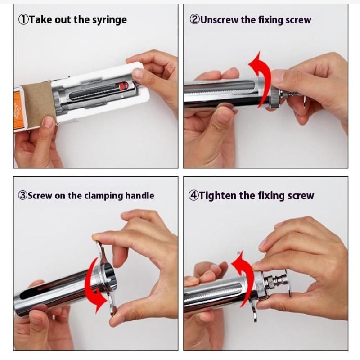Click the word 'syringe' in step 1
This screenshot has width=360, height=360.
[109, 20]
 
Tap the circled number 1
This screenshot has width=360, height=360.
[23, 19]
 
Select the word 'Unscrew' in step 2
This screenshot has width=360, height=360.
[219, 20]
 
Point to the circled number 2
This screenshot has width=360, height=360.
[195, 19]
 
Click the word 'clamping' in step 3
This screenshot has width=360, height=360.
[103, 196]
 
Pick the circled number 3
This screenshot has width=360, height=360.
[23, 195]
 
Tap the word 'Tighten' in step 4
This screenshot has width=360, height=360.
[217, 196]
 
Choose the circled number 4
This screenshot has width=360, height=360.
[193, 195]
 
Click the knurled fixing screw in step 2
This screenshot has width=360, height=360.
[274, 98]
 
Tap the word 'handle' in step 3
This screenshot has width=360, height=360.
[139, 196]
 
